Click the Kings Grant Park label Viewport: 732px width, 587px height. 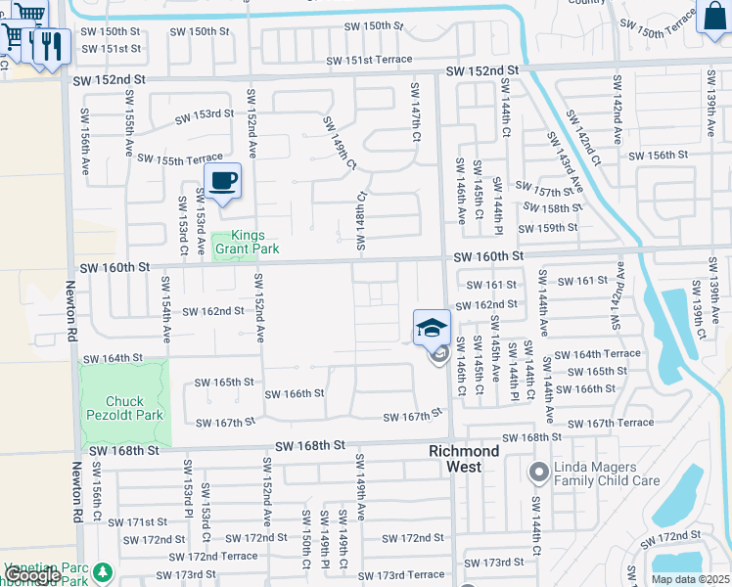point(246,243)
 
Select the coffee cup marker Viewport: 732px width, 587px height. point(223,181)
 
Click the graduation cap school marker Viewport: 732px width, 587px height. point(432,329)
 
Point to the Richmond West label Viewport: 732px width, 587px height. point(464,459)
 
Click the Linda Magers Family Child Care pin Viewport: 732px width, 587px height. point(537,474)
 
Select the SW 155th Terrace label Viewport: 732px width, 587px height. point(180,158)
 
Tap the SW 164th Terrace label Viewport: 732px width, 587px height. point(597,354)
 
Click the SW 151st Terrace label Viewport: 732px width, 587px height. point(369,60)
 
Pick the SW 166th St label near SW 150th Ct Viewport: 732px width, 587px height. point(295,393)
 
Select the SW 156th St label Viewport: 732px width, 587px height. point(661,156)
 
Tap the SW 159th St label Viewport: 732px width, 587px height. point(548,228)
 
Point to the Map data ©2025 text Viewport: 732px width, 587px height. point(690,579)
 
